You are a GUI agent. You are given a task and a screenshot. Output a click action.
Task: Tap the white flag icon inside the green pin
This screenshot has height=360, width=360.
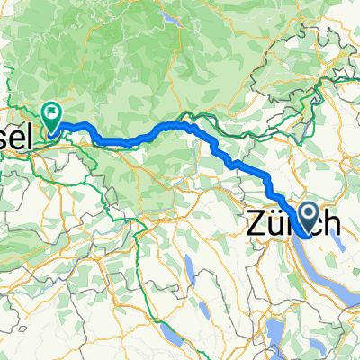coord(52,113)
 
